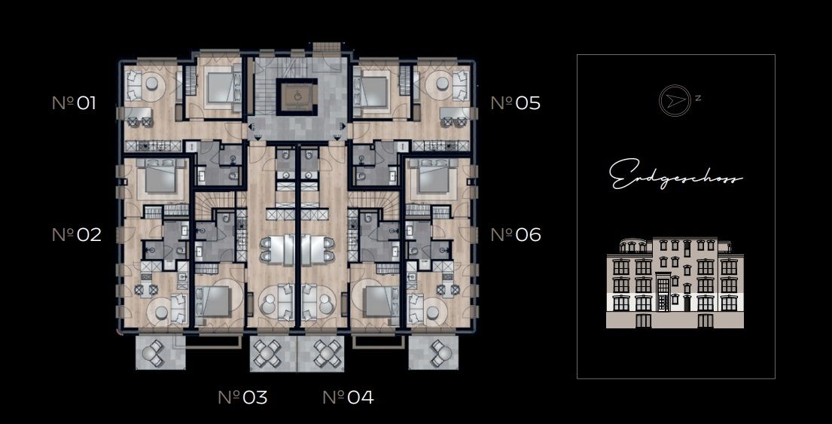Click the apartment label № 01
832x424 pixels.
pos(75,103)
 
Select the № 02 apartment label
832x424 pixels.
pos(76,234)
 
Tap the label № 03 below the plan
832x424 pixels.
pos(242,397)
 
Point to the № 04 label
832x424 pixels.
pos(348,397)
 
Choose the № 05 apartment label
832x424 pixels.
pos(516,103)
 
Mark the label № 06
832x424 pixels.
pos(516,234)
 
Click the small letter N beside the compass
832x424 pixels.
pos(698,98)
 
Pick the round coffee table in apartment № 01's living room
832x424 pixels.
pos(152,83)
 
